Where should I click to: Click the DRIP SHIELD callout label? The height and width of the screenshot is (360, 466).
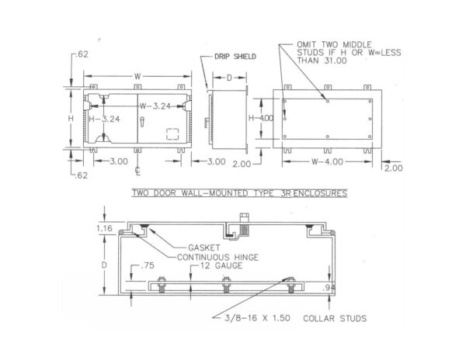pos(235,57)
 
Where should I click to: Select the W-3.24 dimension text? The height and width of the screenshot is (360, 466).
pos(155,106)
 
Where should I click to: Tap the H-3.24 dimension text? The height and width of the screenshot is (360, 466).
pos(104,119)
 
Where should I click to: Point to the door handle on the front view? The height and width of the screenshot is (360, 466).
pos(142,122)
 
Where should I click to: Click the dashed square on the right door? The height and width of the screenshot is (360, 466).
pos(172,134)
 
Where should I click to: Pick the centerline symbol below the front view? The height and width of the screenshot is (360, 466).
pos(137,171)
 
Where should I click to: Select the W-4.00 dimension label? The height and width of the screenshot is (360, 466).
pos(327,161)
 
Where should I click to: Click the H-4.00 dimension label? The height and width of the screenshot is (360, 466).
pos(261,118)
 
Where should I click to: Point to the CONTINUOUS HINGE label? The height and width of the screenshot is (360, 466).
pos(217,258)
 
